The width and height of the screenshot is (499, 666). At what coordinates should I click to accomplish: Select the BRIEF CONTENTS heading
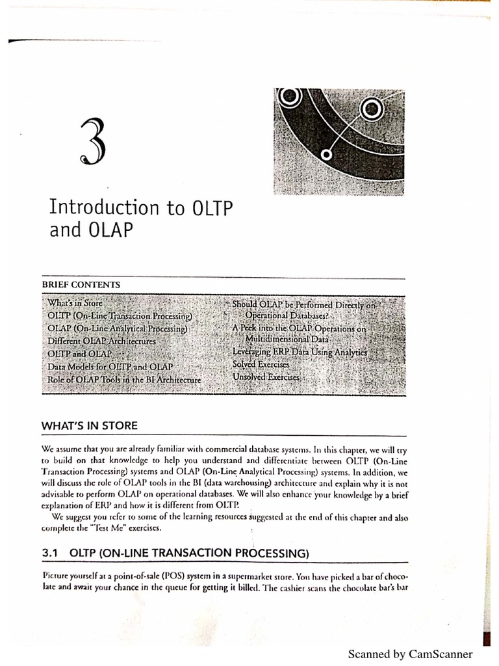coord(81,284)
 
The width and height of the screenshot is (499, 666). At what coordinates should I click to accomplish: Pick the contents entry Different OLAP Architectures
coord(101,341)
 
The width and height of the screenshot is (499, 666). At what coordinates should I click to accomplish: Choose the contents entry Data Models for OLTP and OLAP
coord(114,367)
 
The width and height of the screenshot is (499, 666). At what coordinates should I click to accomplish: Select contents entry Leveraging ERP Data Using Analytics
coord(300,352)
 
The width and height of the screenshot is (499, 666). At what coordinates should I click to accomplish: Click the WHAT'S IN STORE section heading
coord(90,426)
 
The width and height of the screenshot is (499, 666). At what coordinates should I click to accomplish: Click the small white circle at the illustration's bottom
coord(327,154)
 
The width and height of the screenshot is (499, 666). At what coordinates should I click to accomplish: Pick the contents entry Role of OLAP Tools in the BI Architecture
coord(124,379)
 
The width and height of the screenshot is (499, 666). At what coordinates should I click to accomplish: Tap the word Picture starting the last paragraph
coord(58,576)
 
